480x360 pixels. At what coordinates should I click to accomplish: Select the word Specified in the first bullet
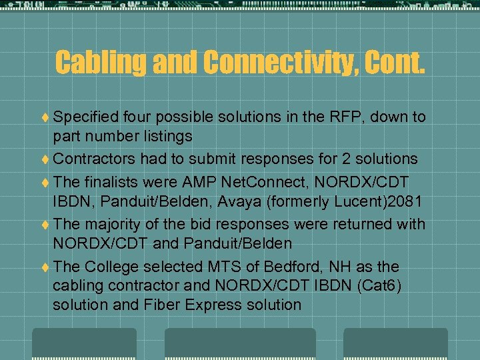(83, 117)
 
